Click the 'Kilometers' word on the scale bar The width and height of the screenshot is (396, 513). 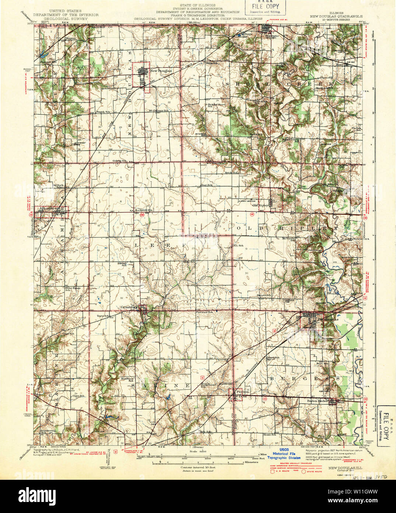click(x=251, y=461)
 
